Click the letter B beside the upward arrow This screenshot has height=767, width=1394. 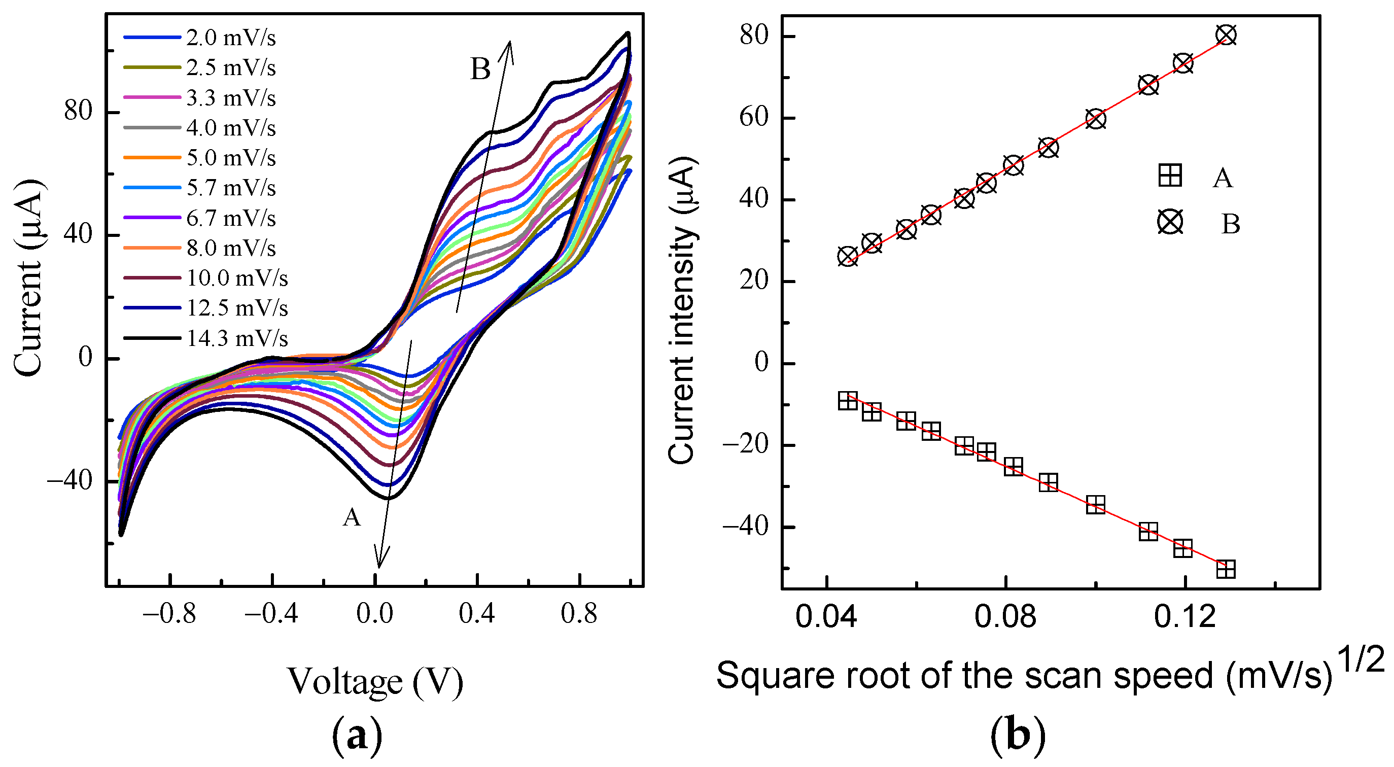pyautogui.click(x=480, y=69)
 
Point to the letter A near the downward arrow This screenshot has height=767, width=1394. pyautogui.click(x=352, y=518)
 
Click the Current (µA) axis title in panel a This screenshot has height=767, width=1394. pyautogui.click(x=27, y=279)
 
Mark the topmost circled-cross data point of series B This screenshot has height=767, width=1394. pyautogui.click(x=1226, y=35)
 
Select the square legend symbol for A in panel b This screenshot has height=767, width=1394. pyautogui.click(x=1169, y=176)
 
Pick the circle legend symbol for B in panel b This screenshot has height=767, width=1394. pyautogui.click(x=1170, y=222)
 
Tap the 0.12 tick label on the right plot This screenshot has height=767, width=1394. pyautogui.click(x=1184, y=617)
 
